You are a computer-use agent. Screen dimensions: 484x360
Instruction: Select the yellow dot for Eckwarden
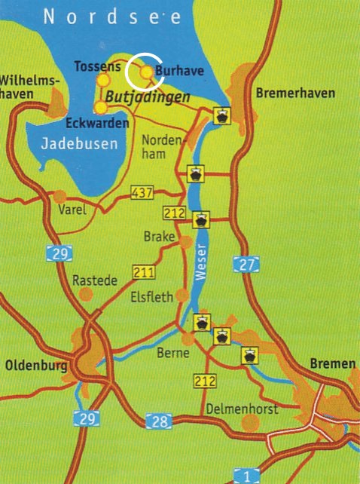(99, 107)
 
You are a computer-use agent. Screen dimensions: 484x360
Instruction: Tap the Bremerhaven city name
(295, 93)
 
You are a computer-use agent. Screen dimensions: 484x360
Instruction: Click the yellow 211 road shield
(143, 271)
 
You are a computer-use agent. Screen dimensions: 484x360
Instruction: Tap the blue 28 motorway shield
(159, 420)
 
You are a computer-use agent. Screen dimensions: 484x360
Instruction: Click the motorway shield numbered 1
(246, 475)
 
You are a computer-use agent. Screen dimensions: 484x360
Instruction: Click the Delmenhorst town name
(241, 409)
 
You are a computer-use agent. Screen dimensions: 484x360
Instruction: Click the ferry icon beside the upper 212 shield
(201, 221)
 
